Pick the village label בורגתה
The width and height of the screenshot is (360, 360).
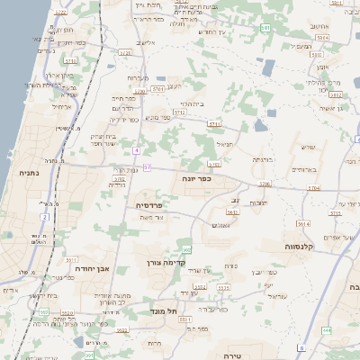pos(261,159)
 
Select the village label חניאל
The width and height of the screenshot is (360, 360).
pos(224,142)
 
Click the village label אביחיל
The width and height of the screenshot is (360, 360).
pos(61,106)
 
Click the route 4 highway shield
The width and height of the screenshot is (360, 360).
pos(136,149)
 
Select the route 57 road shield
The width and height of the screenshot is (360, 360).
pos(147,168)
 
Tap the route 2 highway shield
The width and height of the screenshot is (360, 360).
pos(43,217)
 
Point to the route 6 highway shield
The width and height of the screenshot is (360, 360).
pos(302,348)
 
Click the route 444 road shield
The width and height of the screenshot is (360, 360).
pos(325,330)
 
